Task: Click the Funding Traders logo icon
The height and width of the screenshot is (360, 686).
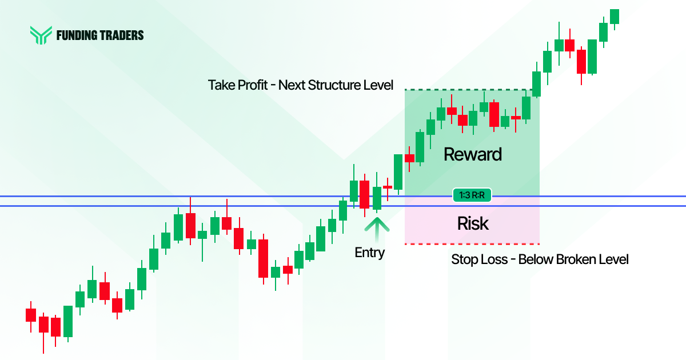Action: pos(41,35)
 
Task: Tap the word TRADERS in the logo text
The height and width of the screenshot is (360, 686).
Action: pos(123,35)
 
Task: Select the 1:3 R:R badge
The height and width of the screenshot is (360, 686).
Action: pos(472,195)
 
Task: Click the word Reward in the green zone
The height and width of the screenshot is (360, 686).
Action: pos(472,154)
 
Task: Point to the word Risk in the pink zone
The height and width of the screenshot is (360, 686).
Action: pos(473,223)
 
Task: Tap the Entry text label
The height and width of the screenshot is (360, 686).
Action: pos(369,253)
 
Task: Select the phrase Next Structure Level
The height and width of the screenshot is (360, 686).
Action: pos(336,85)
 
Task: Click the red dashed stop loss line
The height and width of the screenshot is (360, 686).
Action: pos(472,244)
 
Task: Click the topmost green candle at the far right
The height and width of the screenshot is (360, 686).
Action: pos(615,16)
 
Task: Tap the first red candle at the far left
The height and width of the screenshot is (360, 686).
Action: pos(30,315)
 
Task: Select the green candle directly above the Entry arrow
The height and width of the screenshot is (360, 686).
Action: pos(376,198)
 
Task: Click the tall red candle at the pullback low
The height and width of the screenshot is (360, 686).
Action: pos(263,258)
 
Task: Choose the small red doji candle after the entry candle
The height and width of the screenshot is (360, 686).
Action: pos(388,187)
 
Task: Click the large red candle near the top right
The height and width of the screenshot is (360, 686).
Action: pos(581,61)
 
